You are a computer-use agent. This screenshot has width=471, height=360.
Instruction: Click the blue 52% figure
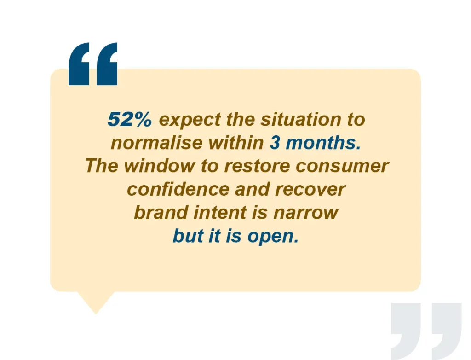tap(129, 119)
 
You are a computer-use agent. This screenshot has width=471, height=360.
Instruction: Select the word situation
tap(301, 119)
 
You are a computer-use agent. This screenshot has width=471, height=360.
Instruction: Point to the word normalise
tap(156, 143)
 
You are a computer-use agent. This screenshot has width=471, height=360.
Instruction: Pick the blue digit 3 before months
tap(275, 143)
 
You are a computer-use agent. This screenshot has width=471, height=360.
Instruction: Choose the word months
tap(323, 143)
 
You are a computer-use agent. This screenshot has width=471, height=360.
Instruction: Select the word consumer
tap(342, 167)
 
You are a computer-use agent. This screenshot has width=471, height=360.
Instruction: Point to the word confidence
tap(178, 189)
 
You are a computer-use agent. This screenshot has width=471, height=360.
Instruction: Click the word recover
tap(310, 190)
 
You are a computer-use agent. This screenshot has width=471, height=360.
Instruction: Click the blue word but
tap(188, 236)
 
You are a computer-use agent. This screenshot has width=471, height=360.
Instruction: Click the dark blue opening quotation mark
tap(93, 64)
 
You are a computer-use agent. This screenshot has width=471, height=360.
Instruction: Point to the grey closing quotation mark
tap(426, 331)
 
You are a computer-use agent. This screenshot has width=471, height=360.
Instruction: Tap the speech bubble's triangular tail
tap(96, 302)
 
